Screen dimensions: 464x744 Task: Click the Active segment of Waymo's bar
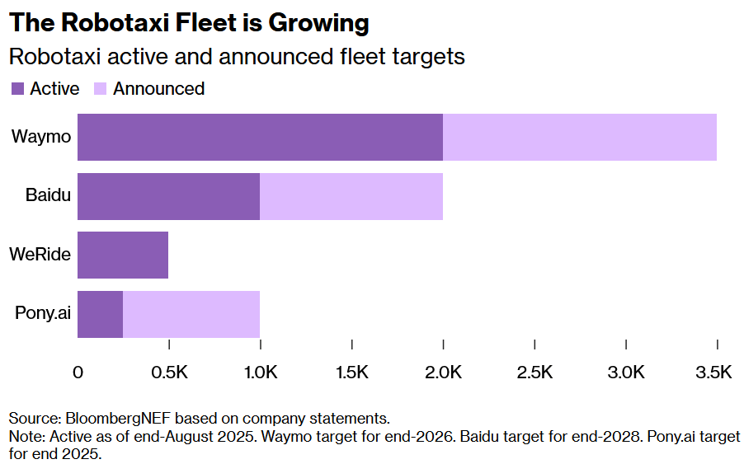[x=260, y=137]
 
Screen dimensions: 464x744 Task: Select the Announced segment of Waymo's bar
[x=580, y=137]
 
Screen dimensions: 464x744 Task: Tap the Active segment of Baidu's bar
[x=169, y=196]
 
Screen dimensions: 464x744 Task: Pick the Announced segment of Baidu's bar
[x=351, y=196]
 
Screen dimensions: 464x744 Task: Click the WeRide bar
[x=123, y=255]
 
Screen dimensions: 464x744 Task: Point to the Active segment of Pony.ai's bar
[x=100, y=314]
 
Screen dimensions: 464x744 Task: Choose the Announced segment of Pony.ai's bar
[x=191, y=314]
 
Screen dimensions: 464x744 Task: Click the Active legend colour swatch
[x=17, y=89]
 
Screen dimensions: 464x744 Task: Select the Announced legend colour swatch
[x=101, y=89]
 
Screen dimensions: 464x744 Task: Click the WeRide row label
[x=40, y=255]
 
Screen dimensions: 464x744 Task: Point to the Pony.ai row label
[x=42, y=314]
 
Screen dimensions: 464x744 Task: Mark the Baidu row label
[x=48, y=196]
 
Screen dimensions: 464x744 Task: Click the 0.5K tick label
[x=169, y=373]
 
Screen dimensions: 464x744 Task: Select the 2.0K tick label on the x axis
[x=443, y=373]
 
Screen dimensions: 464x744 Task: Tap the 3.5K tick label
[x=713, y=373]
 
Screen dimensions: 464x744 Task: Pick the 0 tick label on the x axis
[x=78, y=373]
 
